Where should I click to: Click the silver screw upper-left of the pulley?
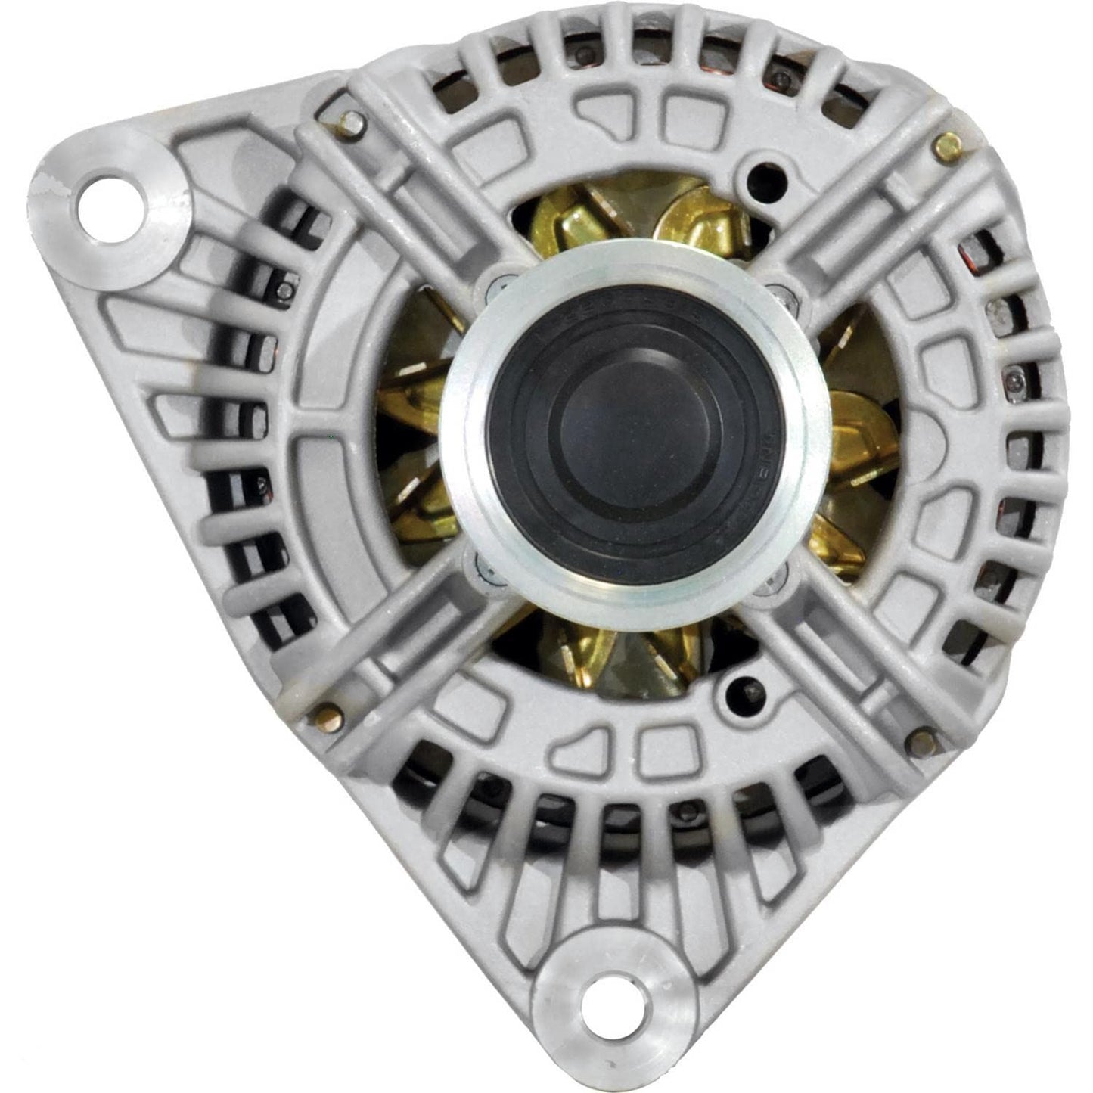click(495, 285)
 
